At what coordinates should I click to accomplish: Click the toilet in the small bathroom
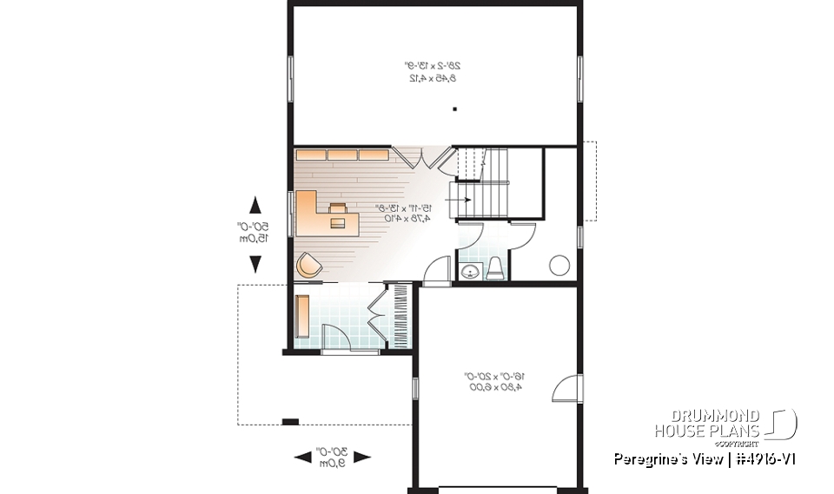tap(494, 269)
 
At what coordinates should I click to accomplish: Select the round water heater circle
tap(559, 265)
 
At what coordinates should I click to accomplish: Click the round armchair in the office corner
tap(308, 265)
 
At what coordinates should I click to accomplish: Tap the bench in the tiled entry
tap(302, 316)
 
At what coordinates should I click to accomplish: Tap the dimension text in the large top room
tap(432, 71)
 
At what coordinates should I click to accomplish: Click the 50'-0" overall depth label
tap(255, 233)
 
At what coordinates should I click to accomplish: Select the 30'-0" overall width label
tap(333, 457)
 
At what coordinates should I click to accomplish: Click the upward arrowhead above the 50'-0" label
tap(255, 206)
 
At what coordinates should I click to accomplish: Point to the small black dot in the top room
tap(454, 109)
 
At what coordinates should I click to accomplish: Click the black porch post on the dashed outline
tap(290, 423)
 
